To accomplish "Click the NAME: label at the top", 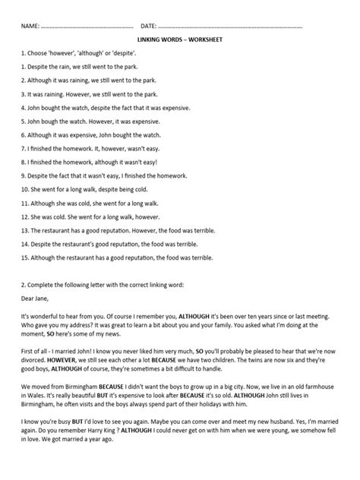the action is [x=31, y=26].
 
